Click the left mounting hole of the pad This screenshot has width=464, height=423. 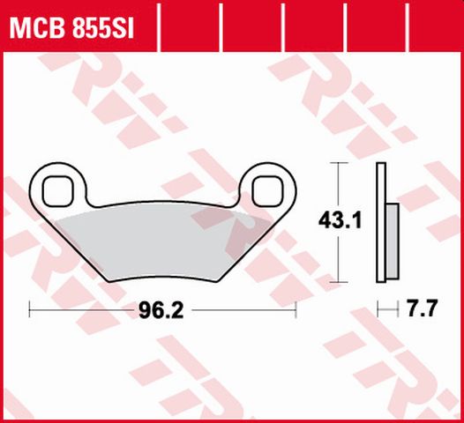click(x=61, y=187)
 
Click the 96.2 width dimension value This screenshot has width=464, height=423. click(x=161, y=310)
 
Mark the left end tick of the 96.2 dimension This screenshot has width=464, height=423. click(x=31, y=310)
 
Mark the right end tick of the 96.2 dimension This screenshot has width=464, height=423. click(x=296, y=310)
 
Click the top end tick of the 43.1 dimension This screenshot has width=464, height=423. click(x=339, y=165)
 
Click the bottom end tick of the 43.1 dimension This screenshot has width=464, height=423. click(x=339, y=284)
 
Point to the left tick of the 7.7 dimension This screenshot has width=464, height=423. click(x=377, y=310)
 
